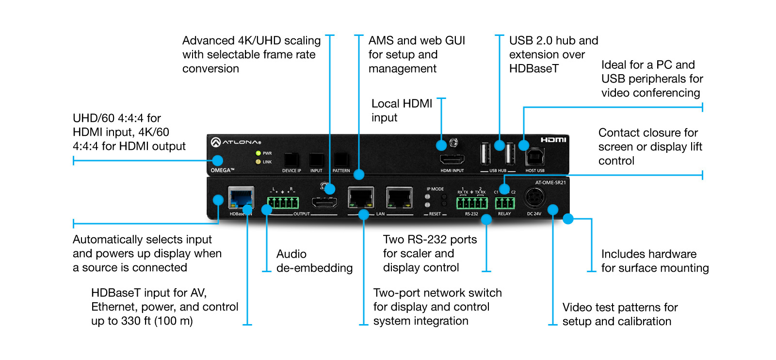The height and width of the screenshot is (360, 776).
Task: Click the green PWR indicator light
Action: point(259,153)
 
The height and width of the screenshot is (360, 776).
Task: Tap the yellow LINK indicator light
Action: point(259,162)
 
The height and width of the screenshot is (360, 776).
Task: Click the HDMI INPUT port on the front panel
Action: point(452,159)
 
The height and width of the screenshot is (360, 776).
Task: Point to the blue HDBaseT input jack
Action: point(241,198)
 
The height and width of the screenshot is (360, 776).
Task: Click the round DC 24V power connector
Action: point(534,197)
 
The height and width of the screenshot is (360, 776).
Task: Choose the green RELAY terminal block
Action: point(504,202)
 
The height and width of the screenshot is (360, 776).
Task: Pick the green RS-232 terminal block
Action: point(471,202)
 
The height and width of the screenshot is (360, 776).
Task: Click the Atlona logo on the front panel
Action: point(236,142)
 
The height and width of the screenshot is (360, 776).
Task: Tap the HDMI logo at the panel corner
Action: point(553,140)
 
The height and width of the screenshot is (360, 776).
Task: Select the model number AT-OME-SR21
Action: point(550,183)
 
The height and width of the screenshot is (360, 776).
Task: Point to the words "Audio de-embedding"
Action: point(314,261)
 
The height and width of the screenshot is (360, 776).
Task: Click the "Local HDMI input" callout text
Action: point(402,111)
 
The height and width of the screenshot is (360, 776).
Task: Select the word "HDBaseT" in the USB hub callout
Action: point(533,69)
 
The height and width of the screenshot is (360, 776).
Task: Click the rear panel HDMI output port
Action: point(324,204)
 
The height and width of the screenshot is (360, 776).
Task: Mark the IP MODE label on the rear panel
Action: point(435,189)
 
